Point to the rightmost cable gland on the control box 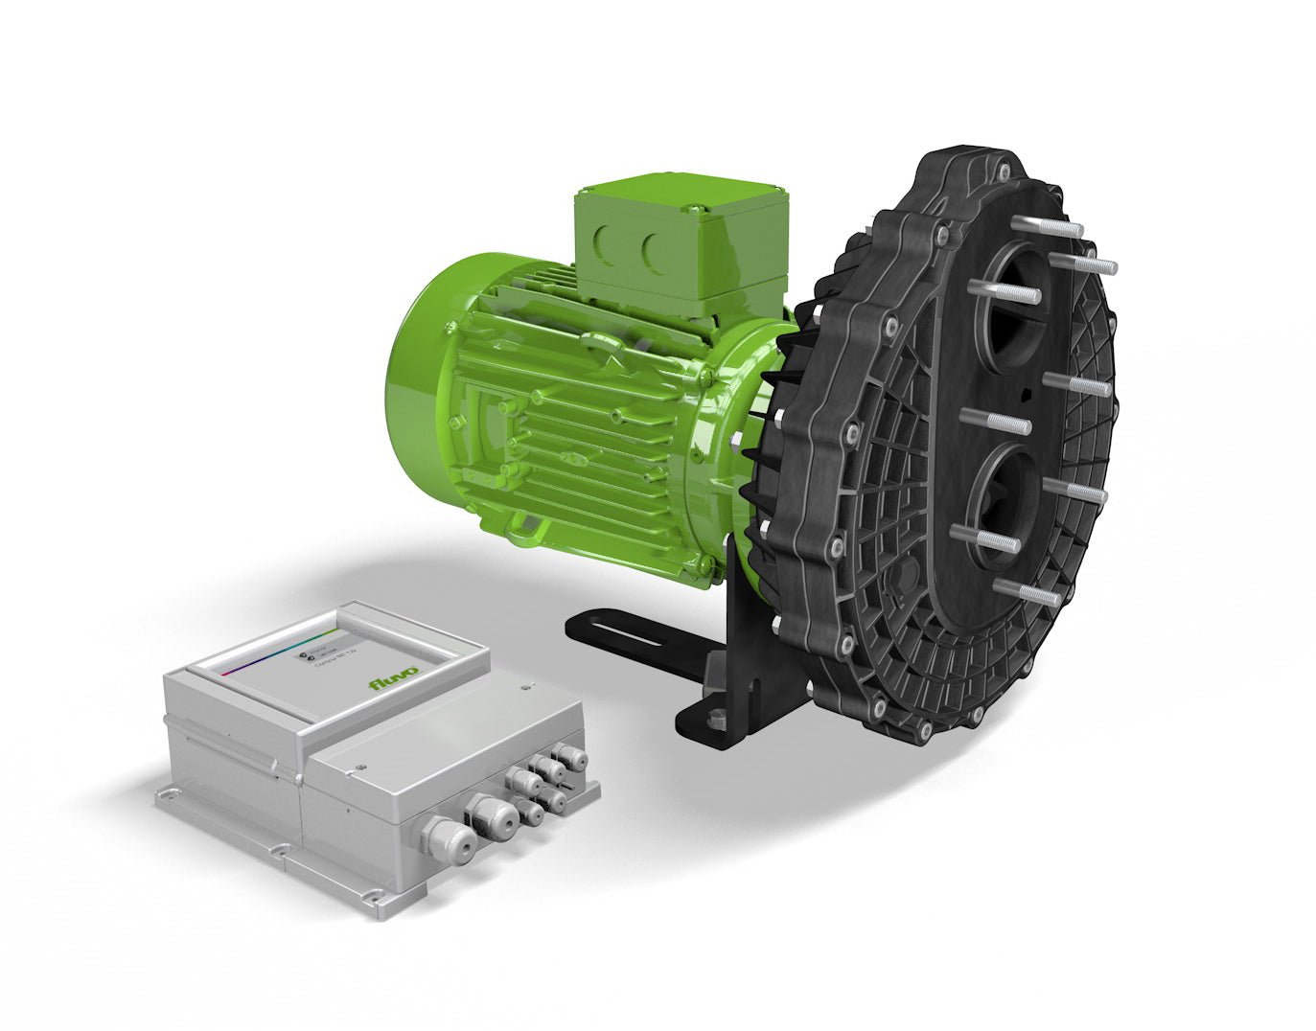(576, 759)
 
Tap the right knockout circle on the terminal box (656, 251)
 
